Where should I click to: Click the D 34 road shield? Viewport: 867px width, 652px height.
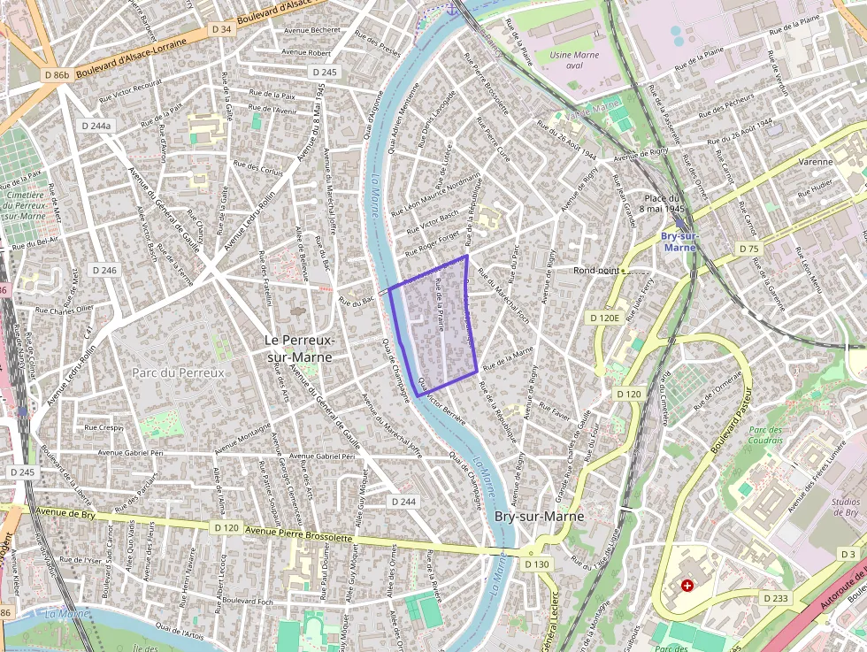[221, 29]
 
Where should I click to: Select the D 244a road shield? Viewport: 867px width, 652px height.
[96, 126]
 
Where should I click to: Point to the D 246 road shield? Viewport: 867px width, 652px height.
[104, 270]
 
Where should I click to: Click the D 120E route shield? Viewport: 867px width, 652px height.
[604, 317]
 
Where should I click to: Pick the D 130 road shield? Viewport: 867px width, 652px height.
[537, 564]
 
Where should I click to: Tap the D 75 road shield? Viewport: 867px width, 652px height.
[748, 249]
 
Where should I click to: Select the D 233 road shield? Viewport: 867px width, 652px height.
[775, 598]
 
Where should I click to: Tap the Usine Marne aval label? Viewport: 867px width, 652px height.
[574, 60]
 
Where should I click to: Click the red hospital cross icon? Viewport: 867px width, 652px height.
[687, 585]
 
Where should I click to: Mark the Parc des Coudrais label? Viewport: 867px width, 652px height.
[766, 436]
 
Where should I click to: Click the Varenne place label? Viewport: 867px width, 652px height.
[815, 162]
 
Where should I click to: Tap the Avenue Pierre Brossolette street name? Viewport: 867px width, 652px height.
[298, 533]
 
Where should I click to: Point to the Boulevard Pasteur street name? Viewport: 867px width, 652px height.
[731, 420]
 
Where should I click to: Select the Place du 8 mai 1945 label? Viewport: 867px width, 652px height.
[665, 203]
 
